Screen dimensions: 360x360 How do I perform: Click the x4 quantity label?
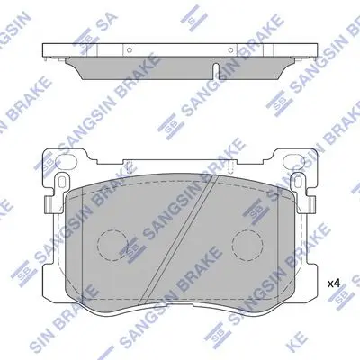(333, 283)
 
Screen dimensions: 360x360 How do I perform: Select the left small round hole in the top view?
(130, 49)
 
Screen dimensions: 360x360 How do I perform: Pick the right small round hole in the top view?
(230, 49)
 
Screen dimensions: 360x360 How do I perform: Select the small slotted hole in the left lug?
(62, 182)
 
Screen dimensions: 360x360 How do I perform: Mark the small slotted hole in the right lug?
(298, 182)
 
